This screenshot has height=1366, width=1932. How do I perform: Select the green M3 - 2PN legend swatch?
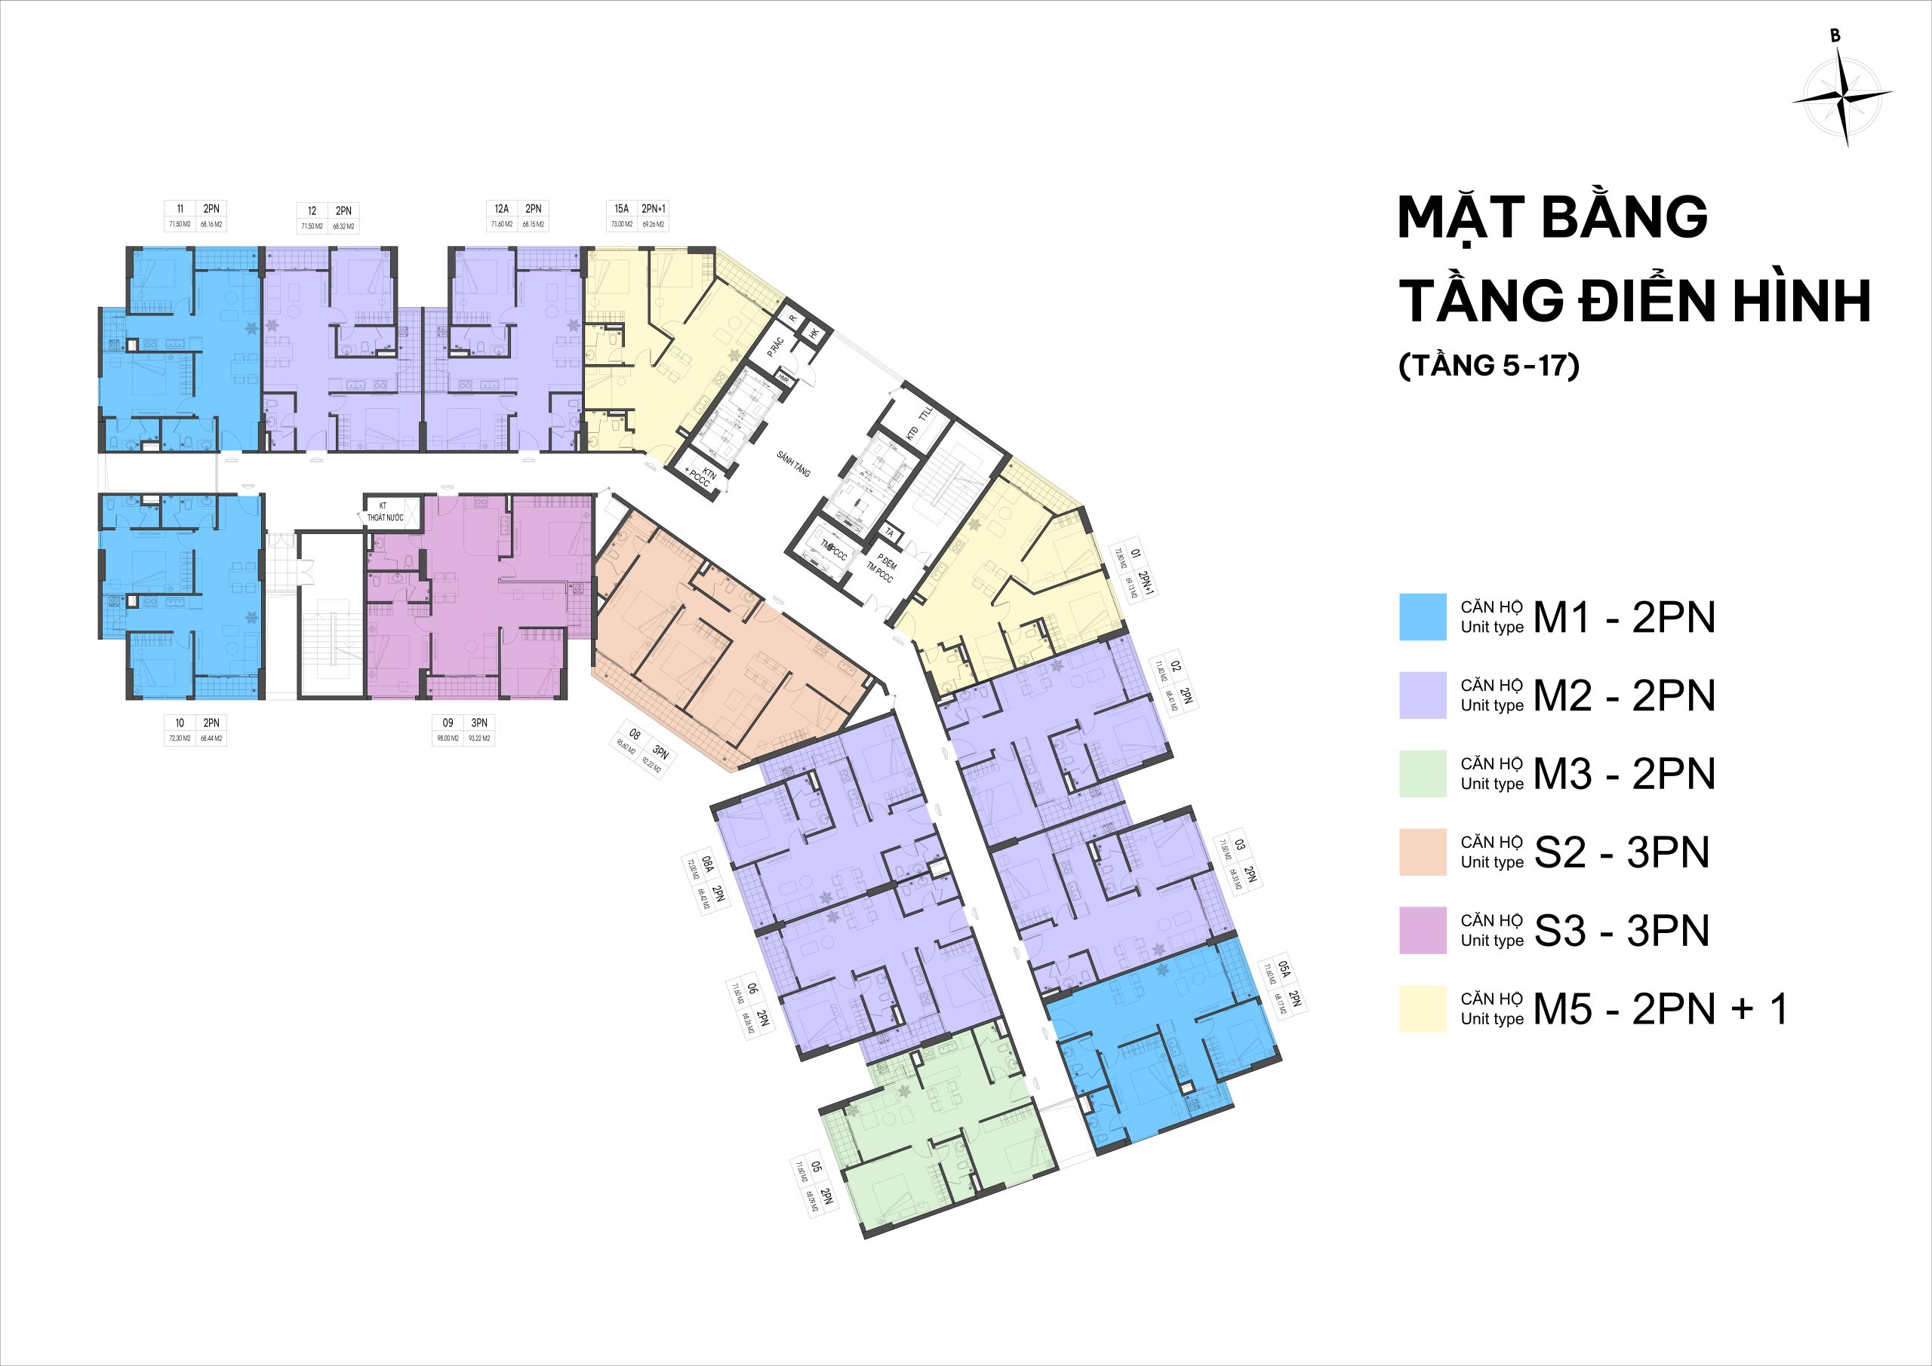pyautogui.click(x=1422, y=773)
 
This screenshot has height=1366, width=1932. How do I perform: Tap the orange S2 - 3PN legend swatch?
pyautogui.click(x=1422, y=852)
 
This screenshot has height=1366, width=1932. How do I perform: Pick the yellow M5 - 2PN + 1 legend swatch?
pyautogui.click(x=1422, y=1008)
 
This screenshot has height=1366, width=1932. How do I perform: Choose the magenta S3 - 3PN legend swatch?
pyautogui.click(x=1422, y=930)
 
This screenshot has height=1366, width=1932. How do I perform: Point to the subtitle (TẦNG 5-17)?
pyautogui.click(x=1487, y=367)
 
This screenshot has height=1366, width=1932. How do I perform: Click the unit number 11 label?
pyautogui.click(x=180, y=210)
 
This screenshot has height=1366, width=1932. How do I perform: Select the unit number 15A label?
pyautogui.click(x=622, y=209)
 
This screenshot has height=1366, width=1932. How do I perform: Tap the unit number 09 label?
pyautogui.click(x=448, y=723)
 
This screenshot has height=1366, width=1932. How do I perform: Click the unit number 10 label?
pyautogui.click(x=180, y=723)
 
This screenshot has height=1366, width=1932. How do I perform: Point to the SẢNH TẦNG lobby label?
pyautogui.click(x=792, y=463)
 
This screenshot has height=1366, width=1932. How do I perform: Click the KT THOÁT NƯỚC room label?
pyautogui.click(x=385, y=512)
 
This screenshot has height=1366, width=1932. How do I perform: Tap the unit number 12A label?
pyautogui.click(x=502, y=209)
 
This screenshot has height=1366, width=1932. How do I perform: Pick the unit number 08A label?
pyautogui.click(x=709, y=864)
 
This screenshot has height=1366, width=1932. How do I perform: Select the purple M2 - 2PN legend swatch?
pyautogui.click(x=1422, y=695)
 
